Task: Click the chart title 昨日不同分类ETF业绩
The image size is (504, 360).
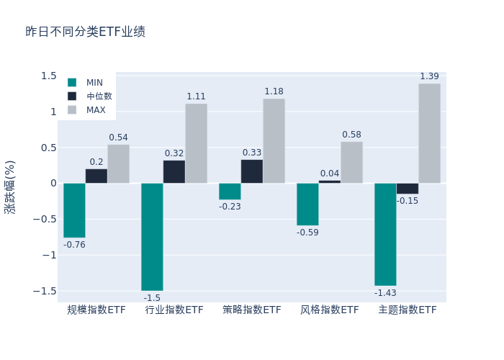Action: click(x=85, y=32)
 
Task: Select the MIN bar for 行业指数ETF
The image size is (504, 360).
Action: click(x=152, y=236)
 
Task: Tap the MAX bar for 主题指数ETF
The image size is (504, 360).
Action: click(x=429, y=133)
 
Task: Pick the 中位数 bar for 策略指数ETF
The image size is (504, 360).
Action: click(x=252, y=171)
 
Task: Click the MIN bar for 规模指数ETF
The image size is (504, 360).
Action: click(x=74, y=210)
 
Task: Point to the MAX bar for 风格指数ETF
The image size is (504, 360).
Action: click(x=351, y=162)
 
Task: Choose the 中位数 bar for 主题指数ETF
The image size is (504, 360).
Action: click(x=407, y=189)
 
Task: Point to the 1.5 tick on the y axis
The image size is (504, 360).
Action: click(x=48, y=76)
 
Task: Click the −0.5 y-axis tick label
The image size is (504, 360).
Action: click(x=45, y=219)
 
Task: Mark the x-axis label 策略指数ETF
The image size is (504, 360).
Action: click(x=252, y=310)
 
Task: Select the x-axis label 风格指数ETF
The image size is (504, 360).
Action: click(x=330, y=310)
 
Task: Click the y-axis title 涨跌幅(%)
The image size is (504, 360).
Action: click(x=10, y=186)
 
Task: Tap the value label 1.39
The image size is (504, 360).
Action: click(x=429, y=76)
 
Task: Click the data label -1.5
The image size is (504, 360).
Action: click(x=152, y=298)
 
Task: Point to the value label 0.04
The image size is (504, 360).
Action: click(x=330, y=174)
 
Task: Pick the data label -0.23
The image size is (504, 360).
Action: click(x=230, y=207)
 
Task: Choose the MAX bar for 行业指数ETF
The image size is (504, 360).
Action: click(x=196, y=143)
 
